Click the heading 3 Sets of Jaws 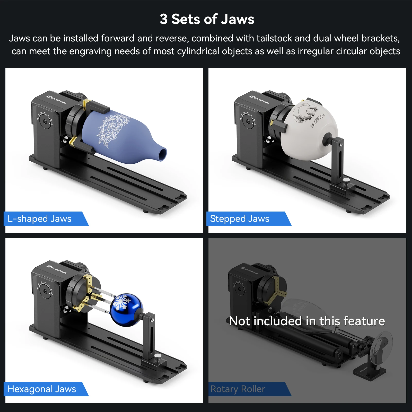[x=207, y=19]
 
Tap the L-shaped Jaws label [x=39, y=219]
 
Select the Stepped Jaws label [x=240, y=219]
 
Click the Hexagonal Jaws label [x=42, y=389]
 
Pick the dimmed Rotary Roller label [x=238, y=389]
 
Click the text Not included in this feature [x=307, y=321]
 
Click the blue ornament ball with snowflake [x=126, y=310]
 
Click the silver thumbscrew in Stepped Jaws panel [x=346, y=181]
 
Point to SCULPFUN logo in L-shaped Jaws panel [x=56, y=99]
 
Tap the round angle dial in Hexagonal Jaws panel [x=46, y=292]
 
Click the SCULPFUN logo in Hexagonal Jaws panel [x=56, y=269]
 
